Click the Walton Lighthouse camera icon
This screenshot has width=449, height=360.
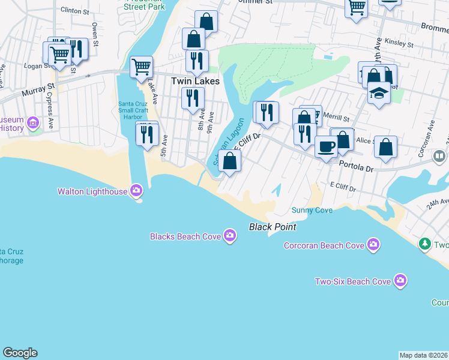[x=136, y=191]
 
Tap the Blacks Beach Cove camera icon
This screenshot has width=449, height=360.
[x=230, y=236]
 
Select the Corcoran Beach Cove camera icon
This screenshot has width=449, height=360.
[x=373, y=245]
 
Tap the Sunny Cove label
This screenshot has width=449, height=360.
[x=312, y=210]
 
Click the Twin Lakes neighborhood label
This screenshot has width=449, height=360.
[x=195, y=80]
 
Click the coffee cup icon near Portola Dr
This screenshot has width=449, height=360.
[x=326, y=146]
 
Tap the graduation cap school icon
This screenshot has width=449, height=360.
[x=379, y=94]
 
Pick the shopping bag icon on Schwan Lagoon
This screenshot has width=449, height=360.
[x=229, y=160]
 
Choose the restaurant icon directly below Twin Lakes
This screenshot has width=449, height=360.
[x=193, y=97]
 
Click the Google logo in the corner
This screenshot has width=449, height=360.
[x=20, y=353]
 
